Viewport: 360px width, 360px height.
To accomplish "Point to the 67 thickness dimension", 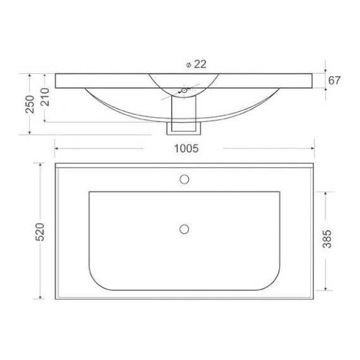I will pyautogui.click(x=335, y=80).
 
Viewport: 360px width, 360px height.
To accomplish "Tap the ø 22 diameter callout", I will pyautogui.click(x=196, y=64).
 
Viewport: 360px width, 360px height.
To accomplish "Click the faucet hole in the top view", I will pyautogui.click(x=184, y=178).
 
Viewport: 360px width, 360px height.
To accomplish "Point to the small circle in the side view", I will pyautogui.click(x=184, y=91).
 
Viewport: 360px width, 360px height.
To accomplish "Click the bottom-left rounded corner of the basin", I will pyautogui.click(x=98, y=280).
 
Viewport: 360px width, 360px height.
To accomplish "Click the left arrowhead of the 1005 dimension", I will pyautogui.click(x=58, y=149).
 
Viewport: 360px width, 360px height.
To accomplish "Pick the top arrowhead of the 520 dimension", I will pyautogui.click(x=41, y=165).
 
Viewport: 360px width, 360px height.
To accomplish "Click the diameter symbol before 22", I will pyautogui.click(x=189, y=64).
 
